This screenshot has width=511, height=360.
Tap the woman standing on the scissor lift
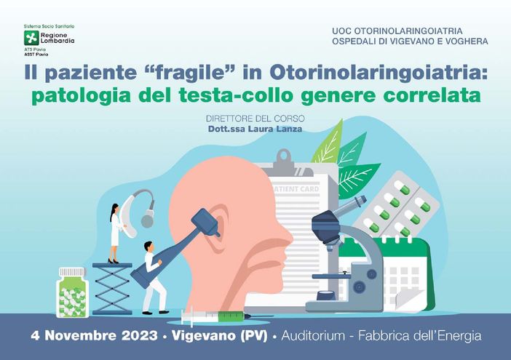pos(114,233)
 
